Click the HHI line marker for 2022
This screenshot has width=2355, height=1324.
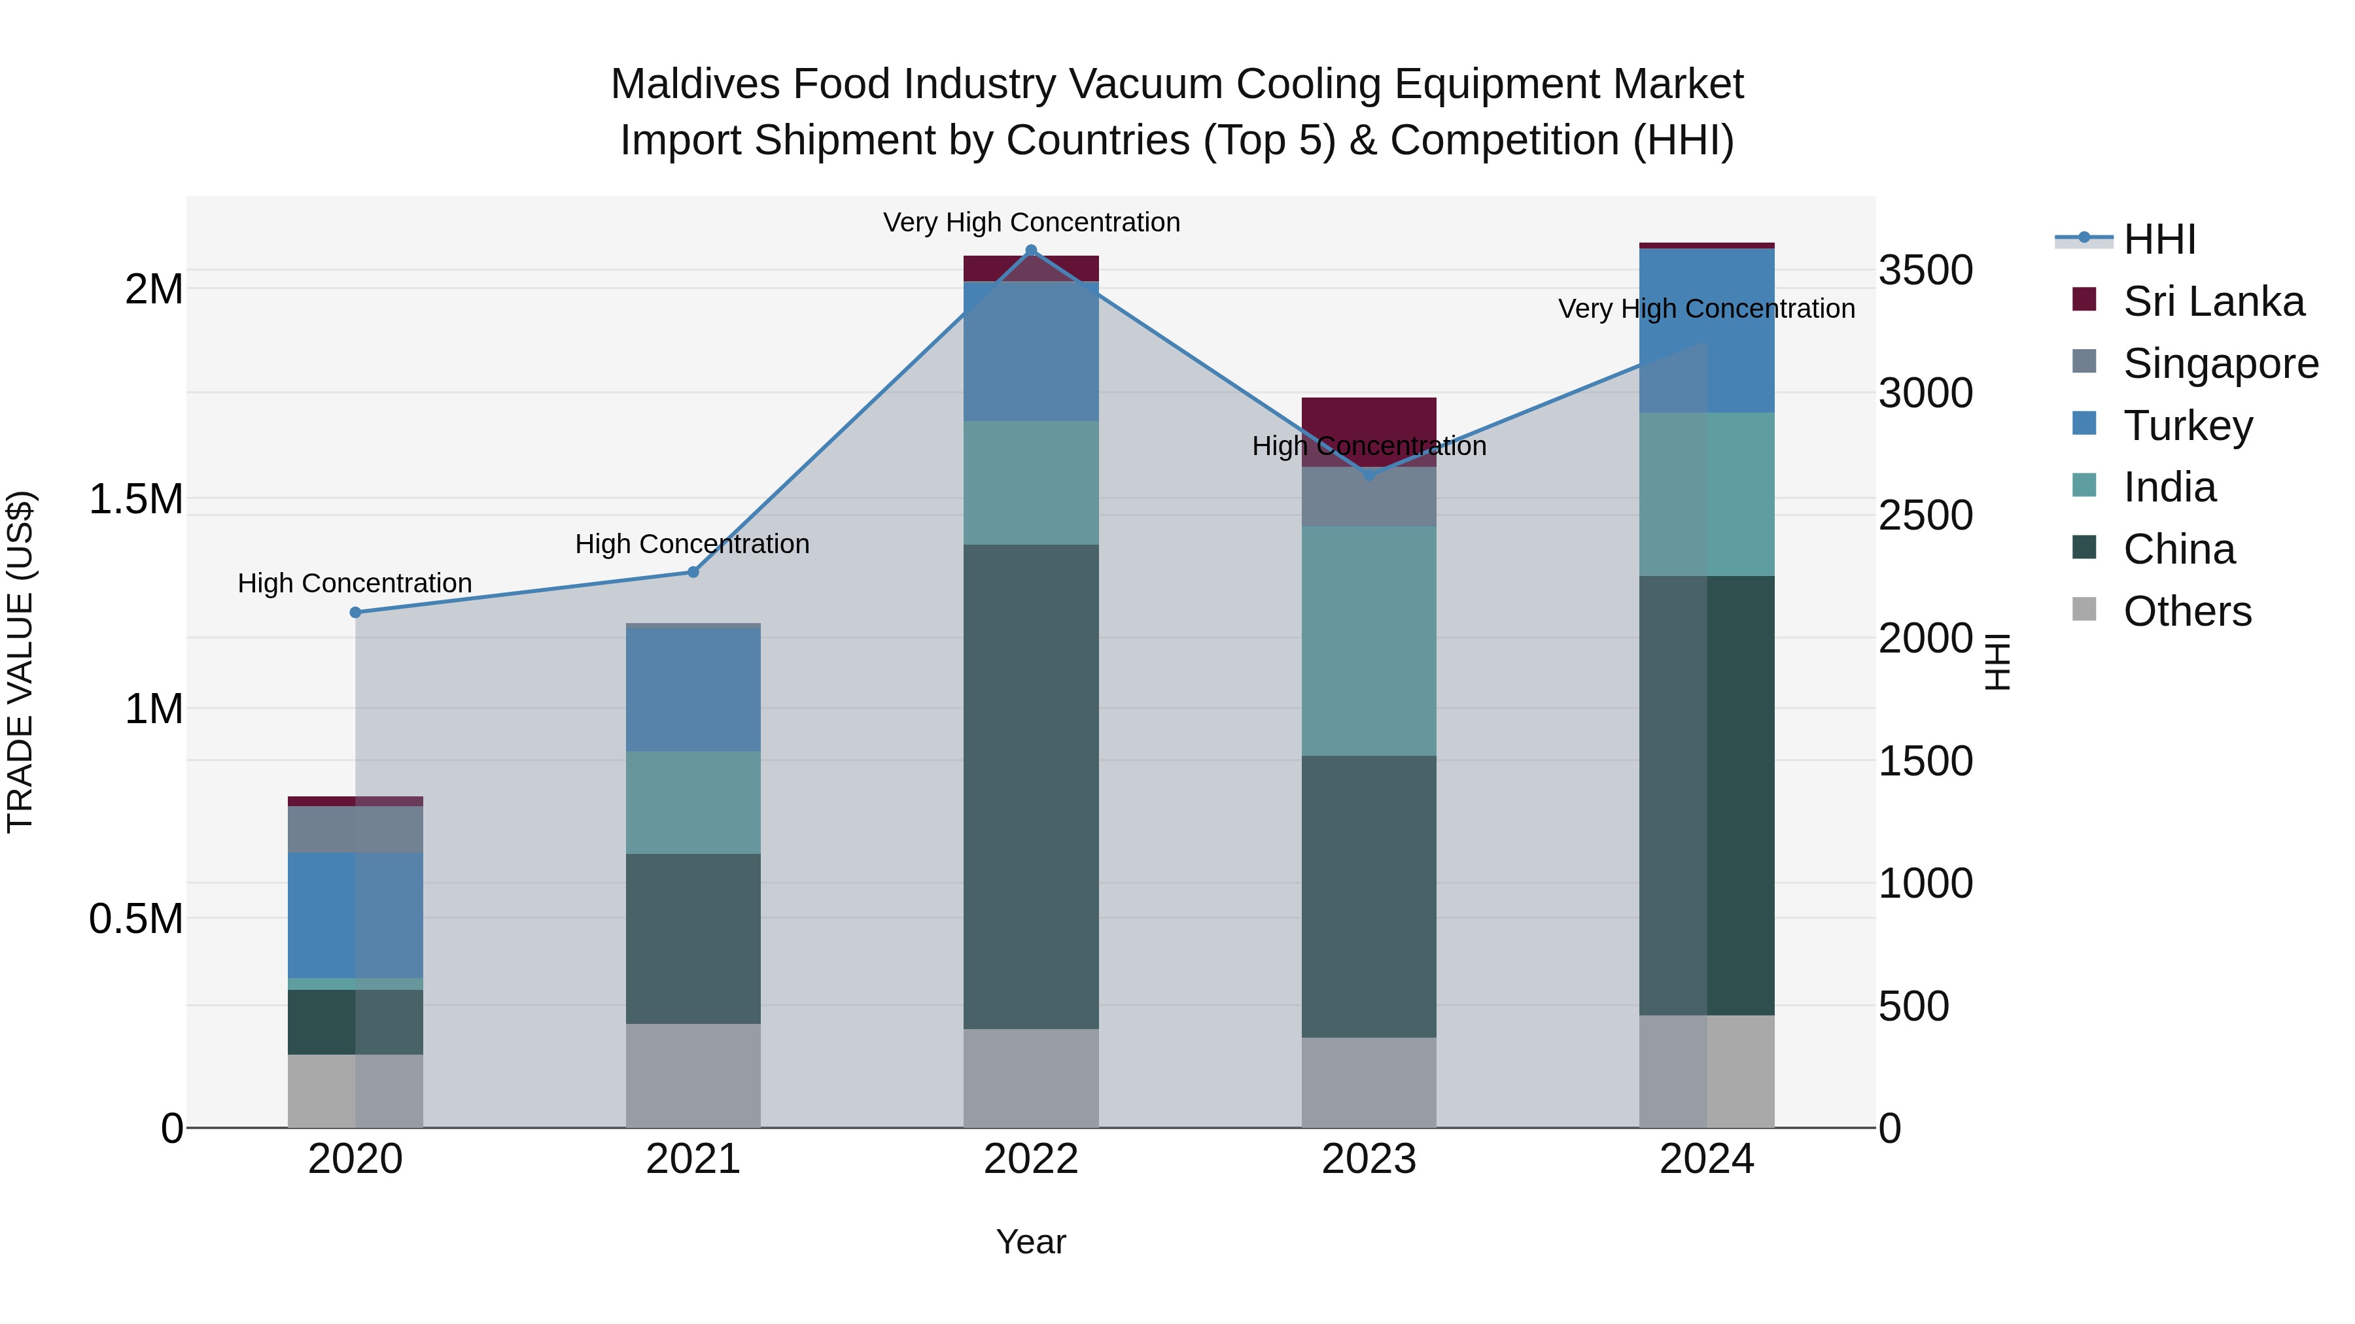point(1031,250)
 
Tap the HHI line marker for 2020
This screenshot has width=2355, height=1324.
point(356,612)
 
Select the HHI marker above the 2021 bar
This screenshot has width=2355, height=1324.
point(693,572)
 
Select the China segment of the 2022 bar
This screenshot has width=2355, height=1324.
point(1031,786)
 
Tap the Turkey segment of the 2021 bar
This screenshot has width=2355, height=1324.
point(693,690)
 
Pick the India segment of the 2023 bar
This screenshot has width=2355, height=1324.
point(1369,639)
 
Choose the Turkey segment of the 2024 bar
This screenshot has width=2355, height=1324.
point(1707,331)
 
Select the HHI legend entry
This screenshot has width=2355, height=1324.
point(2159,239)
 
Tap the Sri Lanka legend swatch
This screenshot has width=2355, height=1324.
point(2084,299)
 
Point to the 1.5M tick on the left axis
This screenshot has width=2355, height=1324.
point(136,499)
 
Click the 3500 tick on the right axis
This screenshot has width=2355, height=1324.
point(1925,271)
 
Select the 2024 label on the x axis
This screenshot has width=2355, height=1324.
point(1707,1159)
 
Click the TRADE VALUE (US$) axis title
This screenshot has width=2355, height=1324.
point(21,662)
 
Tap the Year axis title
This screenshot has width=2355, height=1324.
point(1030,1242)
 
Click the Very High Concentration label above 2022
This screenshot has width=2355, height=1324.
point(1031,222)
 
